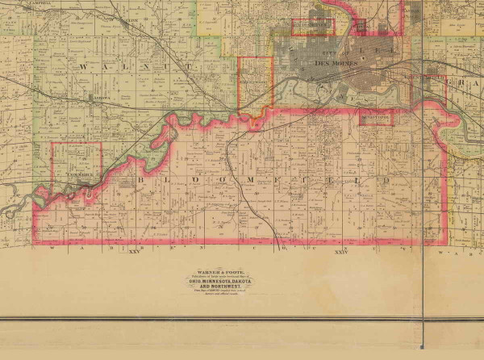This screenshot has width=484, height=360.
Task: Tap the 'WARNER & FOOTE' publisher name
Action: tap(215, 274)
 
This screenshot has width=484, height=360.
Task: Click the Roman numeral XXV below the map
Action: tap(134, 253)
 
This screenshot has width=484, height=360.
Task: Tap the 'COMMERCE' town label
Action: tap(77, 174)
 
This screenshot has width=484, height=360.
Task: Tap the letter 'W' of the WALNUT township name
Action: tap(83, 66)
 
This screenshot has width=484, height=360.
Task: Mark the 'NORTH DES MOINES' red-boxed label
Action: tap(311, 26)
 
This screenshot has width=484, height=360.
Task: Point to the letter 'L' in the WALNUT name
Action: tap(136, 66)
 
